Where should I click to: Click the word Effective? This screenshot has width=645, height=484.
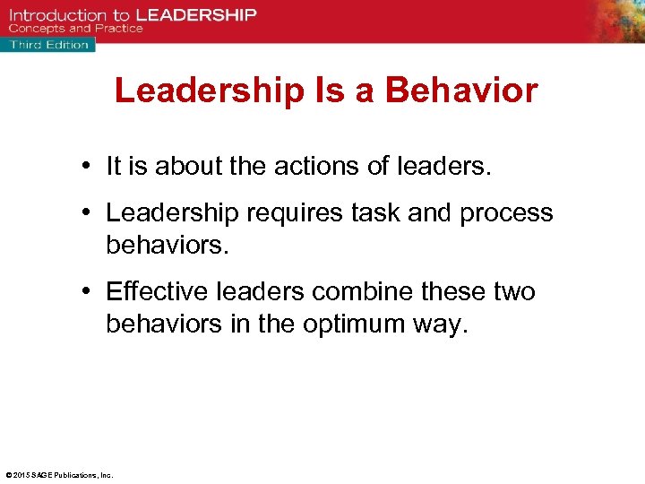pyautogui.click(x=152, y=291)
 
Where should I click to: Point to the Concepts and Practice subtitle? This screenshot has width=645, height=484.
pyautogui.click(x=75, y=29)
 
